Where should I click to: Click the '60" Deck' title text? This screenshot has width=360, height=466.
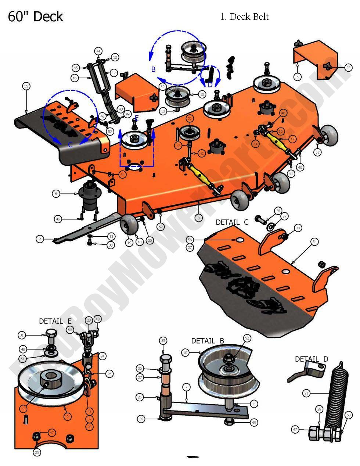coord(35,17)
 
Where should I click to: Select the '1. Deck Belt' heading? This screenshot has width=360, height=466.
coord(244,17)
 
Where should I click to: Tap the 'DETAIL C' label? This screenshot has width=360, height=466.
coord(232,222)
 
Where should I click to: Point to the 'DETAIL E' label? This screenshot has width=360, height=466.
coord(55,321)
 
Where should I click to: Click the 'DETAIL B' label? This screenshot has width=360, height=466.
coord(208,341)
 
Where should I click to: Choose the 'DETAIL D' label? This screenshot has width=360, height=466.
coord(312,359)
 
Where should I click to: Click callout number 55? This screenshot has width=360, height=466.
coord(26,86)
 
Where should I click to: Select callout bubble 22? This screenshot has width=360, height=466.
coord(348,68)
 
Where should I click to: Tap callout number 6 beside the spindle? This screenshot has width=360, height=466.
coord(56,194)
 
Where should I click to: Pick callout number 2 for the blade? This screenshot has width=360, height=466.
coord(40,239)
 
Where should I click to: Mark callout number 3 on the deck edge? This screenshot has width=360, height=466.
coord(198,218)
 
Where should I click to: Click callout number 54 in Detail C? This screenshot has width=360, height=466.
coord(314,241)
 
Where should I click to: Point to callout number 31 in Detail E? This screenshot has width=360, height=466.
coord(22,335)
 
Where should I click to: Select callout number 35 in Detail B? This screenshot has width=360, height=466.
coord(163,341)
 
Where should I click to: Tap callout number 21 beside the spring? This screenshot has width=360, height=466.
coord(306,393)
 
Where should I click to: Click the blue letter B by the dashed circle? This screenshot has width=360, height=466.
coord(154,69)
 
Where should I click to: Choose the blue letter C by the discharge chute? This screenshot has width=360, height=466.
coord(70,145)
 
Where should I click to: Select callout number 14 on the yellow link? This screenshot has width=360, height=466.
coord(292,139)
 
